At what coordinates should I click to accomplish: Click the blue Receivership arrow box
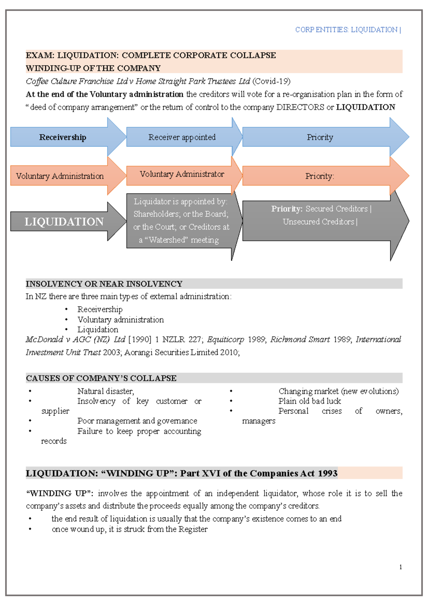[x=63, y=137]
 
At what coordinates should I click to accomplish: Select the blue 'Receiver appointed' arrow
[x=182, y=137]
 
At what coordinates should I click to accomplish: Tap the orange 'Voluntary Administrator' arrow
[x=182, y=174]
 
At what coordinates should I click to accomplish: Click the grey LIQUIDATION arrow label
[x=64, y=222]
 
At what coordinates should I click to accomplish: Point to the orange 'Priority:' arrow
[x=320, y=176]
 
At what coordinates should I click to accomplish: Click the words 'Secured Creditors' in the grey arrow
[x=336, y=209]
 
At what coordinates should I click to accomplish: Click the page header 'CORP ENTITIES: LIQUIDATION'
[x=346, y=30]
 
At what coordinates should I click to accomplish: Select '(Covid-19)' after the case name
[x=271, y=81]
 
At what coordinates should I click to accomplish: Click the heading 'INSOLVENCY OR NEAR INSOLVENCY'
[x=104, y=284]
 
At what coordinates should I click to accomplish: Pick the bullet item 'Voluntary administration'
[x=121, y=320]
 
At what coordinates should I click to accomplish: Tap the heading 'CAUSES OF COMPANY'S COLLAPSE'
[x=101, y=378]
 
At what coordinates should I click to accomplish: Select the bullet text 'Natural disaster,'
[x=106, y=392]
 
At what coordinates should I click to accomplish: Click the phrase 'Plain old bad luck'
[x=310, y=401]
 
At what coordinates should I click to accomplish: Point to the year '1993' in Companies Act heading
[x=327, y=474]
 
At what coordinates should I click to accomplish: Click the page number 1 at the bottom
[x=401, y=567]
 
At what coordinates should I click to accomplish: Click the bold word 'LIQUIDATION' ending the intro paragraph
[x=366, y=107]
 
